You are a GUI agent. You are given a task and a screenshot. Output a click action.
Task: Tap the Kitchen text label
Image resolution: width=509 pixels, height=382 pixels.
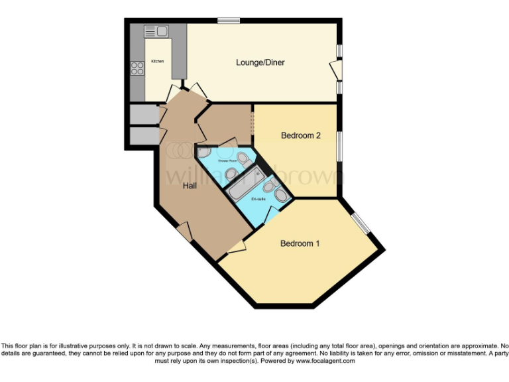coord(157,61)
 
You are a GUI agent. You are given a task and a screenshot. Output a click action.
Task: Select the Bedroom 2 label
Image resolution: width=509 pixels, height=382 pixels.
coord(301,136)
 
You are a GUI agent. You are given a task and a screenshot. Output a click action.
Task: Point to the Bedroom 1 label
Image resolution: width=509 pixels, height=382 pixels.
coord(300,243)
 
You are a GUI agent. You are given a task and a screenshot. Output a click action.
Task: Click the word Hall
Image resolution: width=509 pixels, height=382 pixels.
coord(190,186)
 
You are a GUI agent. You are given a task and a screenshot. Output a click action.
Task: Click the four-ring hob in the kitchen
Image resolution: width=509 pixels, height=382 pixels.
coord(138,68)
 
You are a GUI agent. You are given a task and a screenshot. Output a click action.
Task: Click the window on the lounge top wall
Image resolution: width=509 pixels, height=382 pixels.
coord(229,20)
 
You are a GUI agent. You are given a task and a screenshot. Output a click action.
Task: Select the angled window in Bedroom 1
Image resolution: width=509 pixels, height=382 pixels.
coord(361,223)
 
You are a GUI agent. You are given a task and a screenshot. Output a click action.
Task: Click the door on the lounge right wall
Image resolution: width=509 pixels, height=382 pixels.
coord(337,69)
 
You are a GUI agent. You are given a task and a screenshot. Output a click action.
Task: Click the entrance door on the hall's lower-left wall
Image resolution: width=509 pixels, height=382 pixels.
coord(184,232)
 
